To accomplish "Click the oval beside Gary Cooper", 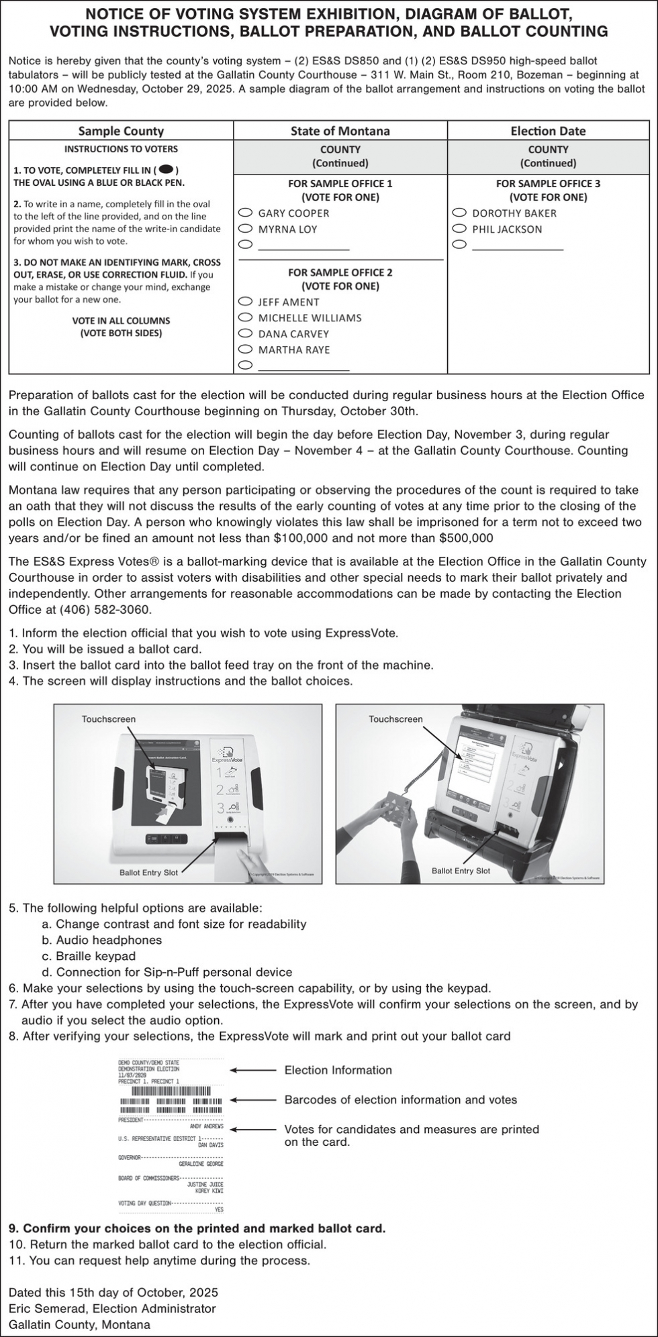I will click(x=246, y=213).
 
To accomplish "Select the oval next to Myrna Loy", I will click(x=246, y=229).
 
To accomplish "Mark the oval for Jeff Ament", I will click(x=246, y=303).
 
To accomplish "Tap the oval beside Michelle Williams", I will click(x=246, y=318).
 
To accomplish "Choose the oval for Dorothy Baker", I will click(x=459, y=213).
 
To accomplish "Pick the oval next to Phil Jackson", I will click(x=459, y=229).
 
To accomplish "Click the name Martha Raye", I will click(x=294, y=350).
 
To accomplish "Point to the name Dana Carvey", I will click(x=293, y=334).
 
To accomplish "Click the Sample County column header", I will click(x=121, y=131).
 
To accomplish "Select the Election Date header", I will click(x=548, y=131).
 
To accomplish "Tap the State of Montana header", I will click(x=340, y=131).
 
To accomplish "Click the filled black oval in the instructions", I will click(x=167, y=170).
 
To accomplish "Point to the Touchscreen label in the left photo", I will click(x=109, y=719).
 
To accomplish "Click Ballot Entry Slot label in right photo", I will click(x=461, y=871).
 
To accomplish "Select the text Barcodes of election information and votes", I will click(x=401, y=1100).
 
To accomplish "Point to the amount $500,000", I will click(x=466, y=538).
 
